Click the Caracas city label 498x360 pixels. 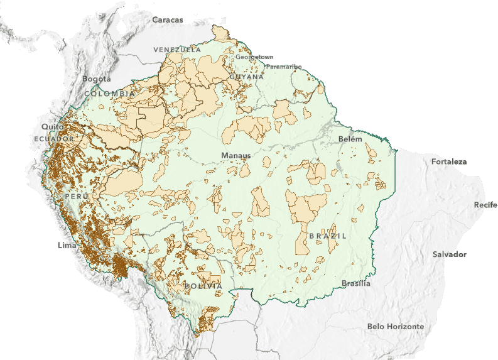(x=167, y=19)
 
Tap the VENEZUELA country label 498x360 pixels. (x=177, y=49)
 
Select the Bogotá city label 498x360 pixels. (x=97, y=79)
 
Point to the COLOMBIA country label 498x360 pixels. (x=109, y=93)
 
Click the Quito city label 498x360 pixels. (x=49, y=126)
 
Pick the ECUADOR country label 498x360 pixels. (x=55, y=138)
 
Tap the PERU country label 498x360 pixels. (x=77, y=197)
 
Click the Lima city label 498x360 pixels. (x=67, y=244)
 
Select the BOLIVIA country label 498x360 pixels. (x=203, y=286)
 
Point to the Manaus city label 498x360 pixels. (x=235, y=155)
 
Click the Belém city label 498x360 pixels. (x=350, y=138)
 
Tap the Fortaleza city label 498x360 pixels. (x=449, y=161)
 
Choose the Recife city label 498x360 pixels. (x=485, y=205)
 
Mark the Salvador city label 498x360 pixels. (x=450, y=254)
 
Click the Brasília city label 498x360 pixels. (x=356, y=283)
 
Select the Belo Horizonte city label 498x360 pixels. (x=396, y=327)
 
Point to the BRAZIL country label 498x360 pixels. (x=327, y=236)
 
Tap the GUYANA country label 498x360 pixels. (x=246, y=77)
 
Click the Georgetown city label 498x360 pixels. (x=254, y=57)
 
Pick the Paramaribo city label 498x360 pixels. (x=283, y=66)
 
